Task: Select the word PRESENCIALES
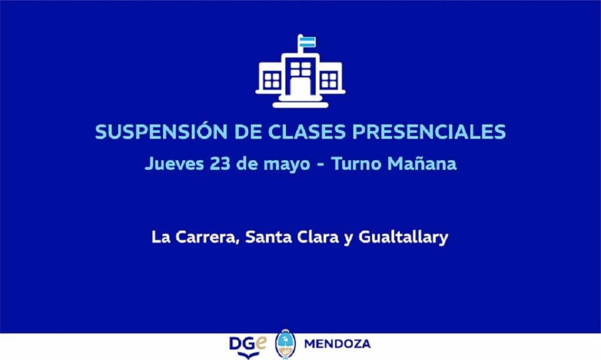click(x=429, y=132)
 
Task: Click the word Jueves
click(x=174, y=164)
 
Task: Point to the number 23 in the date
click(x=220, y=164)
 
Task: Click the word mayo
click(x=286, y=165)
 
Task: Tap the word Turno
click(x=356, y=164)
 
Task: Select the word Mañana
click(x=422, y=163)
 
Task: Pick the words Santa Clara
click(x=292, y=237)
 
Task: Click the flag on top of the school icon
click(x=306, y=42)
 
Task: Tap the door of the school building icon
click(x=300, y=87)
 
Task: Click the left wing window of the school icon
click(x=272, y=80)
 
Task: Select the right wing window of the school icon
click(x=329, y=80)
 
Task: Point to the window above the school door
click(x=300, y=69)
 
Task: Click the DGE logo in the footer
click(x=248, y=346)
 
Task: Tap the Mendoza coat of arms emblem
click(x=285, y=344)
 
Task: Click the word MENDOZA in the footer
click(x=337, y=344)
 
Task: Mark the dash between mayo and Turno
click(x=321, y=165)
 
